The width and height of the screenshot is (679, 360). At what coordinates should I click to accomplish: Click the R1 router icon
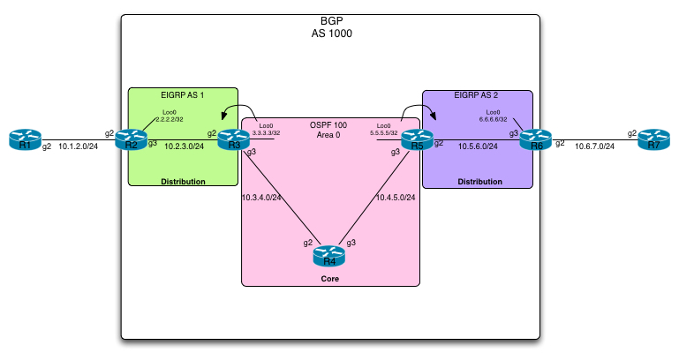point(26,140)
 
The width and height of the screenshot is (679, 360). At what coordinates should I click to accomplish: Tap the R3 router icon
point(234,140)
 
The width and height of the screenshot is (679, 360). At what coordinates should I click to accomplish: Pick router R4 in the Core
point(328,256)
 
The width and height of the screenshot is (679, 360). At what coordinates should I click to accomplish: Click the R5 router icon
point(417,140)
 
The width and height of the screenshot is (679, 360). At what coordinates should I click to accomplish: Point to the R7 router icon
point(653,140)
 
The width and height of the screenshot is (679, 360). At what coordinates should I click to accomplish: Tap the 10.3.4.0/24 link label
point(261,197)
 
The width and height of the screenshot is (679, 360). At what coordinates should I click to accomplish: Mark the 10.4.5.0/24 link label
point(395,197)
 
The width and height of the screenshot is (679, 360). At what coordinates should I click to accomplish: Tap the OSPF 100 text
point(328,124)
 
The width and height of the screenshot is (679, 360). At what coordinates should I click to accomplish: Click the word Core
point(329,279)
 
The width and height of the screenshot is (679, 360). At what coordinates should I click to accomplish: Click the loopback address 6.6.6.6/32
point(492,119)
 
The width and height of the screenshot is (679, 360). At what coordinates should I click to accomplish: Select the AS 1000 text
point(328,33)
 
